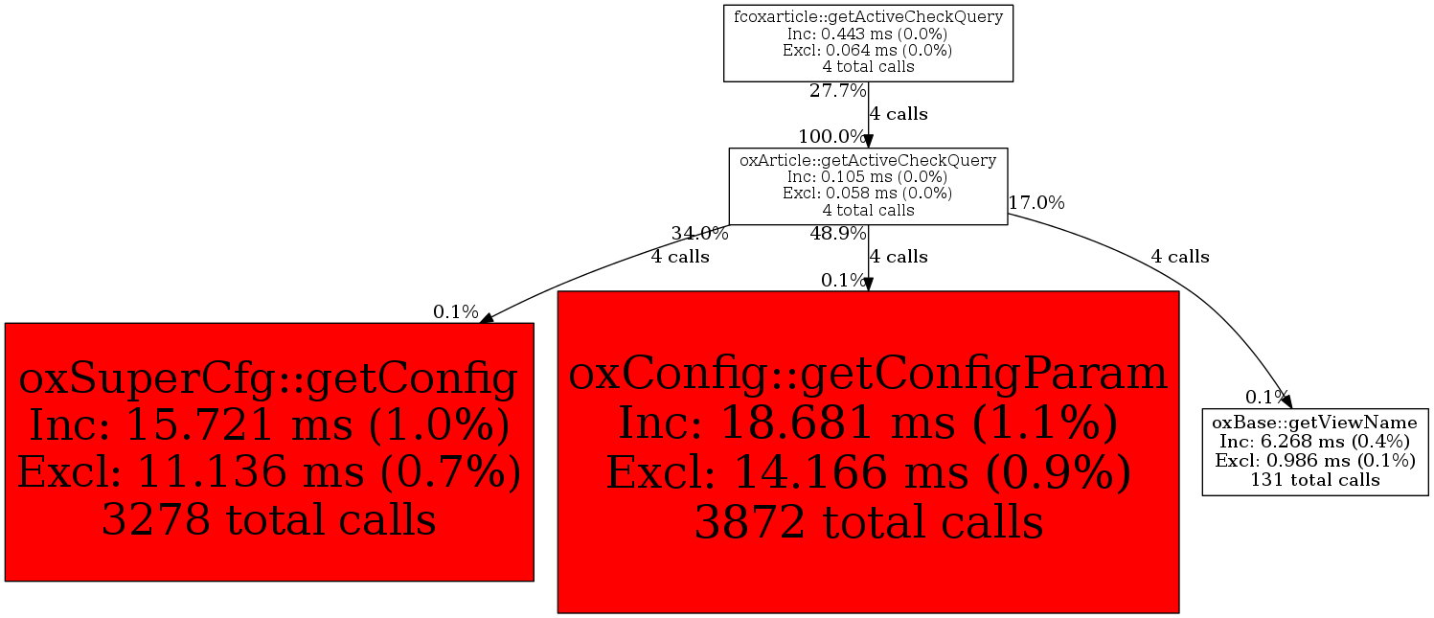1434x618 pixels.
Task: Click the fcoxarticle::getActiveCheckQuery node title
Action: pyautogui.click(x=868, y=16)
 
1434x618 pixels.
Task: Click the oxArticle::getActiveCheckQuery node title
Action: pyautogui.click(x=868, y=160)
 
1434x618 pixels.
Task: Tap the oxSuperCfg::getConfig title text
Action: pyautogui.click(x=268, y=378)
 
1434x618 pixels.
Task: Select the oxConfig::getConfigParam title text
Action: pyautogui.click(x=868, y=374)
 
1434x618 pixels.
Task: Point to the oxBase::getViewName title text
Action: pyautogui.click(x=1315, y=422)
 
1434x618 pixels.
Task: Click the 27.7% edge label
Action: pyautogui.click(x=838, y=91)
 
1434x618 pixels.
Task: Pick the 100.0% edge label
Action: pyautogui.click(x=832, y=136)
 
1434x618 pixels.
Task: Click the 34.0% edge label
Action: pyautogui.click(x=699, y=234)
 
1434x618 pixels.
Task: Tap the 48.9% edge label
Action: pyautogui.click(x=838, y=234)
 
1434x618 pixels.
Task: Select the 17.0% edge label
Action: pyautogui.click(x=1036, y=203)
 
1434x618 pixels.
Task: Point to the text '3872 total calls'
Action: pyautogui.click(x=869, y=522)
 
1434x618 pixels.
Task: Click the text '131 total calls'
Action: pyautogui.click(x=1315, y=480)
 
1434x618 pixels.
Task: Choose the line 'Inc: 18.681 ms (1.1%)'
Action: pyautogui.click(x=868, y=423)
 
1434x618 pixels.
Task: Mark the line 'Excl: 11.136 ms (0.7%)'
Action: pyautogui.click(x=269, y=472)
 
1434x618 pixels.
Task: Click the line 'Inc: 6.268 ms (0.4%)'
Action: pyautogui.click(x=1315, y=442)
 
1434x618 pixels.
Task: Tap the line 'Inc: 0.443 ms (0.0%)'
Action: pyautogui.click(x=868, y=34)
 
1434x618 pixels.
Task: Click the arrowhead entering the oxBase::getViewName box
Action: pyautogui.click(x=1286, y=401)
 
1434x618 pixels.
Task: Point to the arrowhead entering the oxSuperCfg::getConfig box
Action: pyautogui.click(x=487, y=318)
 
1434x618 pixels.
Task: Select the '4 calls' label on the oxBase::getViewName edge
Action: pyautogui.click(x=1180, y=257)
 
